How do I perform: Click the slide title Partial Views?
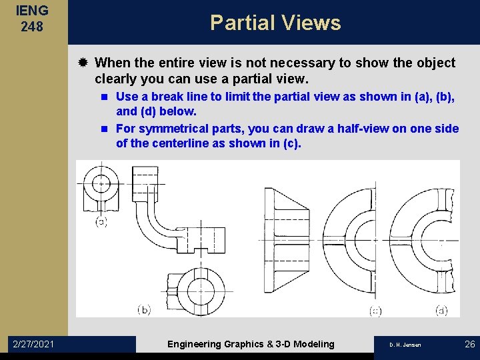tap(275, 23)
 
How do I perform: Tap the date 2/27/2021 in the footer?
tap(34, 344)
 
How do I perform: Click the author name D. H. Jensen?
tap(405, 345)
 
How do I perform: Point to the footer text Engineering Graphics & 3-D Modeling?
tap(251, 344)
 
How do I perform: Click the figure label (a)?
tap(101, 222)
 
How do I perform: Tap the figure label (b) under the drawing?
tap(144, 309)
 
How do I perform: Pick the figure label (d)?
tap(441, 310)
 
